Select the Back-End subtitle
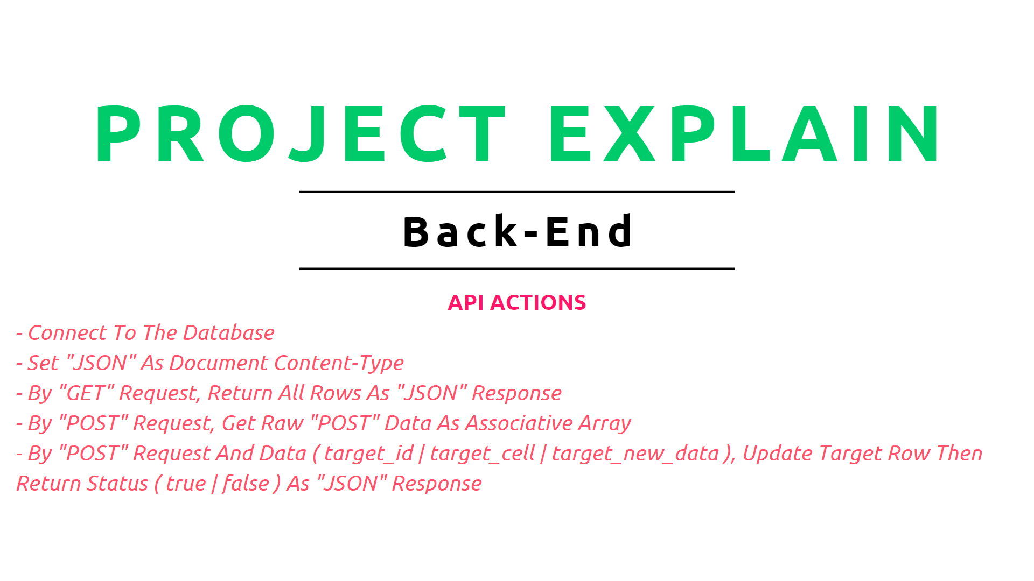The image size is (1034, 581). (x=518, y=231)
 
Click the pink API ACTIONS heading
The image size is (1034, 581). (x=517, y=302)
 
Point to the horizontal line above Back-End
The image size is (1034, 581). (x=517, y=192)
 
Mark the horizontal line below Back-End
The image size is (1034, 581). (x=517, y=268)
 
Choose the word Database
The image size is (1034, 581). (x=229, y=333)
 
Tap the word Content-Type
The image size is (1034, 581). (x=339, y=364)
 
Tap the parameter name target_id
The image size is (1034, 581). (x=369, y=454)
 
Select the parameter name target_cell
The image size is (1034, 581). (x=483, y=454)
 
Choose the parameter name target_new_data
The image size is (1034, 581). (x=636, y=454)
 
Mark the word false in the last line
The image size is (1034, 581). (x=246, y=484)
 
